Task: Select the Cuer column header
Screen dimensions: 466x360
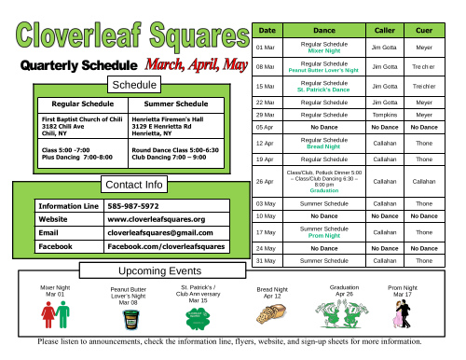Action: (424, 32)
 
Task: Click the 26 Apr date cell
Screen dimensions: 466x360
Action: (265, 181)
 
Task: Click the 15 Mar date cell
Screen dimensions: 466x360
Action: (265, 86)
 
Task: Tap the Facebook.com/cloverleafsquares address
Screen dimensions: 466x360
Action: (166, 246)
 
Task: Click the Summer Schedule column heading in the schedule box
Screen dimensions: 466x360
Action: (172, 104)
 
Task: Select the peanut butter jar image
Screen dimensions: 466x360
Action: (129, 321)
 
